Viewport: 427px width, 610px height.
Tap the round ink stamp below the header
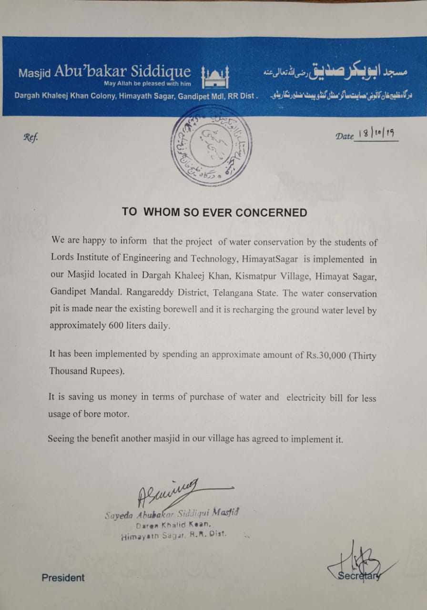211,146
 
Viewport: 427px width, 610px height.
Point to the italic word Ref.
30,137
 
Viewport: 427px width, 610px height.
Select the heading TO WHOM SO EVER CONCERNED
214,212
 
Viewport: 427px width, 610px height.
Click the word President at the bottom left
63,578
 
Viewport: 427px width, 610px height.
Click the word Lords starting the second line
61,259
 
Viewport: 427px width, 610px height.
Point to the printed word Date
345,136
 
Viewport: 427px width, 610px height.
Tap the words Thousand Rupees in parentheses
87,371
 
